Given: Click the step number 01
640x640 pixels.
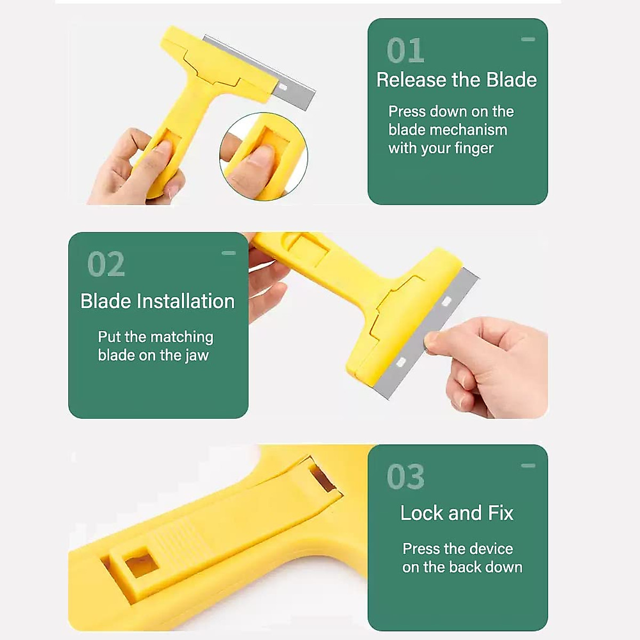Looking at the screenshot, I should point(405,51).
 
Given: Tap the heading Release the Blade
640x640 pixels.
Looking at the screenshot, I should point(457,80).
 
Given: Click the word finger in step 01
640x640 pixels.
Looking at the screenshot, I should point(474,148).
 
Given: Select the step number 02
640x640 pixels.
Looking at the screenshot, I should point(106,264).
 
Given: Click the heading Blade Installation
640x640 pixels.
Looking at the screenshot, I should point(157,301).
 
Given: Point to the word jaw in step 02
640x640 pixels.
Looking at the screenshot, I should point(197,356).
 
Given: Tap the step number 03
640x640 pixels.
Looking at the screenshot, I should point(405,476).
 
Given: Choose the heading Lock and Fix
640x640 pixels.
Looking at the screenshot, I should point(457,513).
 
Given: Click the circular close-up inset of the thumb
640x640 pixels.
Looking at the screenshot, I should point(263,157).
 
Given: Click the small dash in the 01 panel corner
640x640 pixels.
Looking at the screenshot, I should point(528,39).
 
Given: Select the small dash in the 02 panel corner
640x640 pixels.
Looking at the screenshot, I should point(228,253).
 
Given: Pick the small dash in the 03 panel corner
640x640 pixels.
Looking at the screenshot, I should point(528,466).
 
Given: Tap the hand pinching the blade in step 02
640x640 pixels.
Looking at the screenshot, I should point(491,363).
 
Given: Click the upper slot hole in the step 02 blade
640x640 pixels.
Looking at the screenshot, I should point(446,302).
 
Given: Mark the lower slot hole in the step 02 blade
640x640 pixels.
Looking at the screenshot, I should point(401,363).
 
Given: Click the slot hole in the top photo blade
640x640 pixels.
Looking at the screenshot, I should point(283,87).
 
